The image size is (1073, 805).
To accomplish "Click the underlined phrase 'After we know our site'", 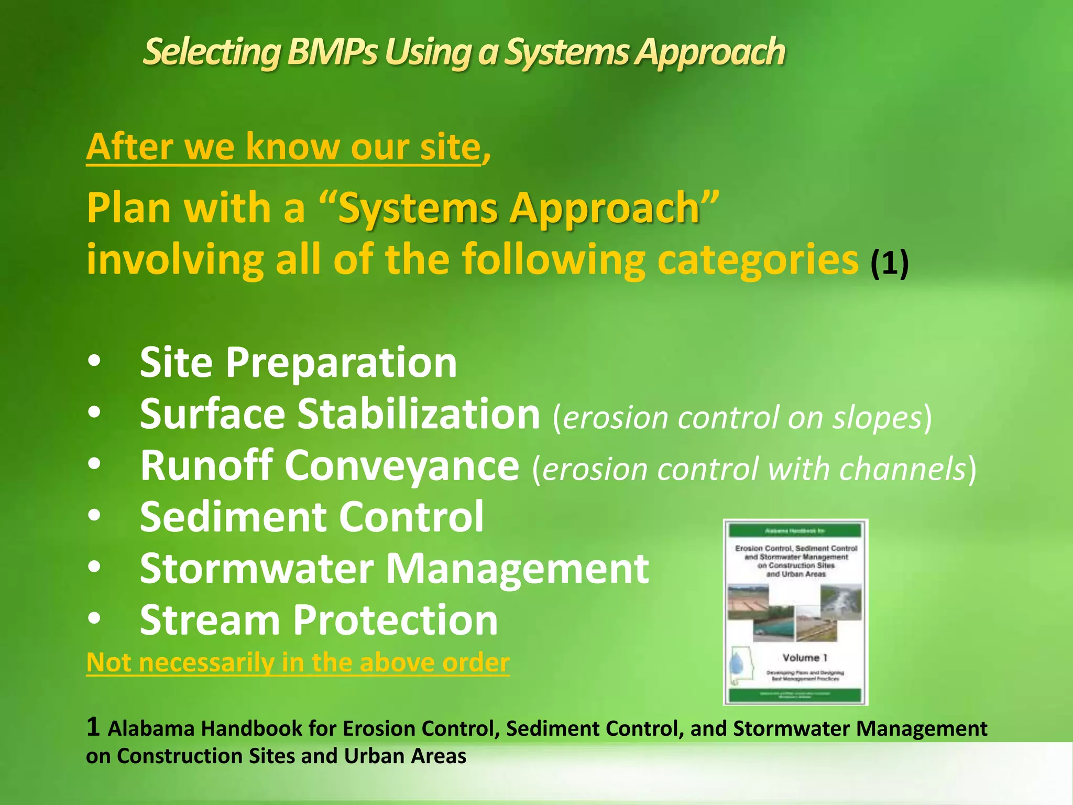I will tap(283, 147).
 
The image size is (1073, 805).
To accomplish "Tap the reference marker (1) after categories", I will tap(889, 263).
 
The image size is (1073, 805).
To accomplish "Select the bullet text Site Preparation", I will tap(298, 363).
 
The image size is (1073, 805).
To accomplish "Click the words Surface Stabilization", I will tap(340, 414).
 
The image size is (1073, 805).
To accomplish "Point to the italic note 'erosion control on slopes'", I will tap(742, 418).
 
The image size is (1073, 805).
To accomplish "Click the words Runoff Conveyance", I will tap(329, 466).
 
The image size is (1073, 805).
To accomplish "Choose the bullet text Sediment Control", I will tap(312, 517).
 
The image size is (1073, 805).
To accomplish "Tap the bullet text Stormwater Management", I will tap(394, 569).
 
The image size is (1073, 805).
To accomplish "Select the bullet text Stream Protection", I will tap(319, 621).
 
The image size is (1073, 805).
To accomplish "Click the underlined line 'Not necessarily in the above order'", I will tap(298, 663).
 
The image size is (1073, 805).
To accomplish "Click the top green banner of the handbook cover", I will tap(795, 530).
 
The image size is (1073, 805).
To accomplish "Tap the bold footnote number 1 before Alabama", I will tap(93, 727).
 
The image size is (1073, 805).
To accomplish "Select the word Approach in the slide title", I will tap(710, 53).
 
